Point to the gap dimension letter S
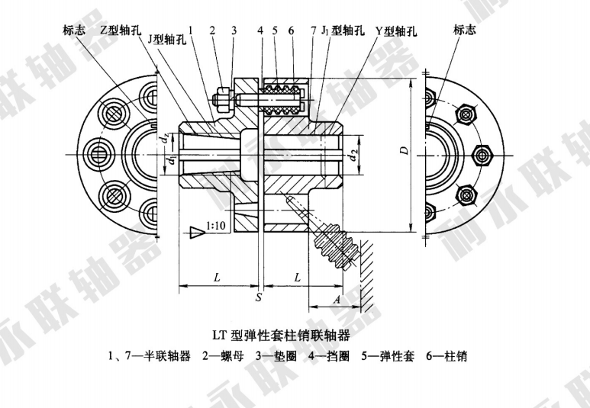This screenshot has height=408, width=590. (260, 295)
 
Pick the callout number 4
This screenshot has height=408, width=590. (260, 31)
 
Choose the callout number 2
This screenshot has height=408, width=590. (213, 31)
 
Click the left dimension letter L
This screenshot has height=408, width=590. (217, 278)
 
